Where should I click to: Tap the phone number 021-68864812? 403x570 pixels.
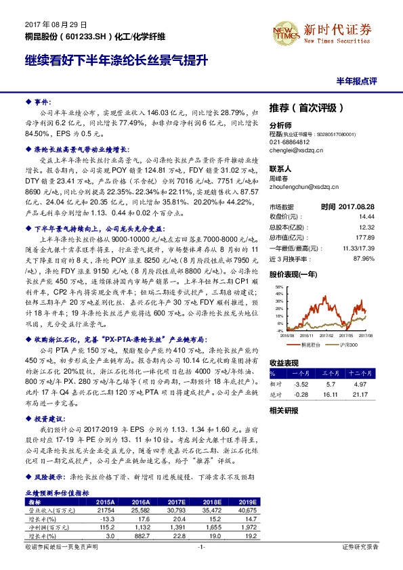(289, 142)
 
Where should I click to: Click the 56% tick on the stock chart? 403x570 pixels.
(280, 286)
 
